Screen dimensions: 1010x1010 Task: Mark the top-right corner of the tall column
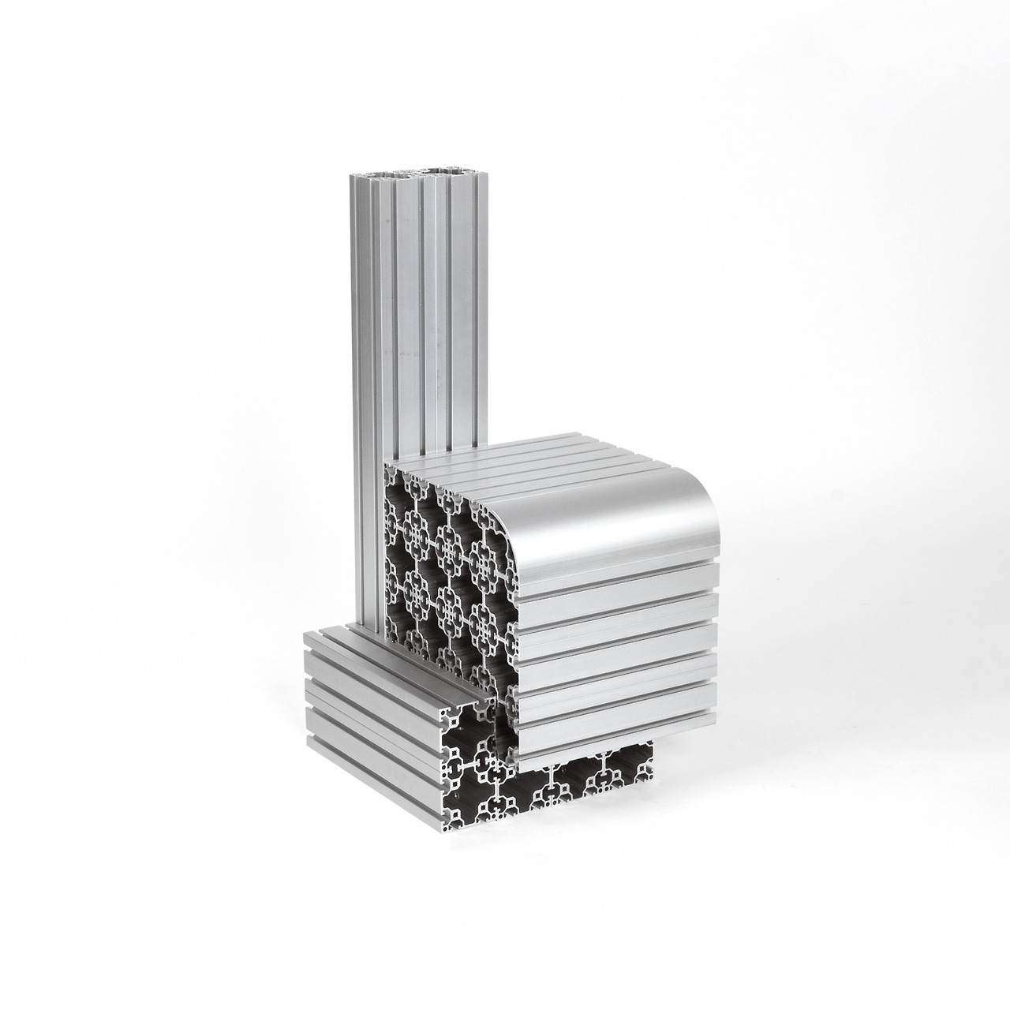(x=473, y=171)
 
